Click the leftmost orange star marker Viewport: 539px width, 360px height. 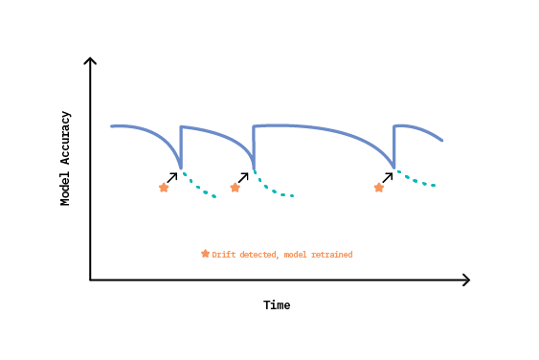click(164, 188)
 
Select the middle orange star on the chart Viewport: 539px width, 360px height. click(236, 188)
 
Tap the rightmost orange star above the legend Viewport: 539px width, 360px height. click(379, 188)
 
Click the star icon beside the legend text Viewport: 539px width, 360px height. click(205, 254)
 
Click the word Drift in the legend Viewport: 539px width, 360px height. click(222, 255)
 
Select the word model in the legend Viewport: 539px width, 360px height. click(296, 255)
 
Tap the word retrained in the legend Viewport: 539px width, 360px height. click(331, 255)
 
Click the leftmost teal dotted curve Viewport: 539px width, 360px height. click(198, 187)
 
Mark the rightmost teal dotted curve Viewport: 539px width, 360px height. click(415, 181)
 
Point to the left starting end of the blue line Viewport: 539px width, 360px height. click(112, 126)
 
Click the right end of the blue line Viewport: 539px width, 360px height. click(441, 141)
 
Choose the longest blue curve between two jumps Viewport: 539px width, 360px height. click(326, 129)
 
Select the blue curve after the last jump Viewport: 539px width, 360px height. click(421, 128)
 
